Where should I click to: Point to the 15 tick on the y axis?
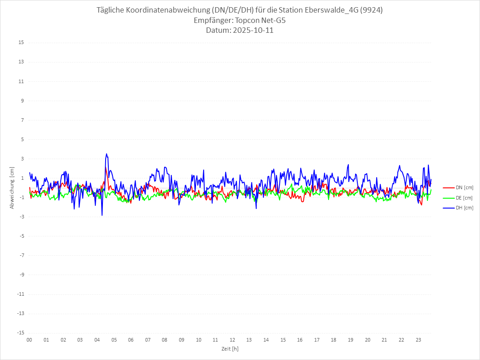(21, 43)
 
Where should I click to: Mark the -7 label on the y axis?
(22, 255)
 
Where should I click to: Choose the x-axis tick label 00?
(29, 340)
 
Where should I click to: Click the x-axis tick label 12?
(232, 340)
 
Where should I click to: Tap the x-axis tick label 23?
(418, 340)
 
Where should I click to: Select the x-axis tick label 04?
(97, 340)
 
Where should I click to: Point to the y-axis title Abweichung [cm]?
(12, 188)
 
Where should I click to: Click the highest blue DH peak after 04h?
(107, 154)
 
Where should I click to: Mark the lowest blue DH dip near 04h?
(102, 215)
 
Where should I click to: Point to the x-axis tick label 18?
(351, 340)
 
